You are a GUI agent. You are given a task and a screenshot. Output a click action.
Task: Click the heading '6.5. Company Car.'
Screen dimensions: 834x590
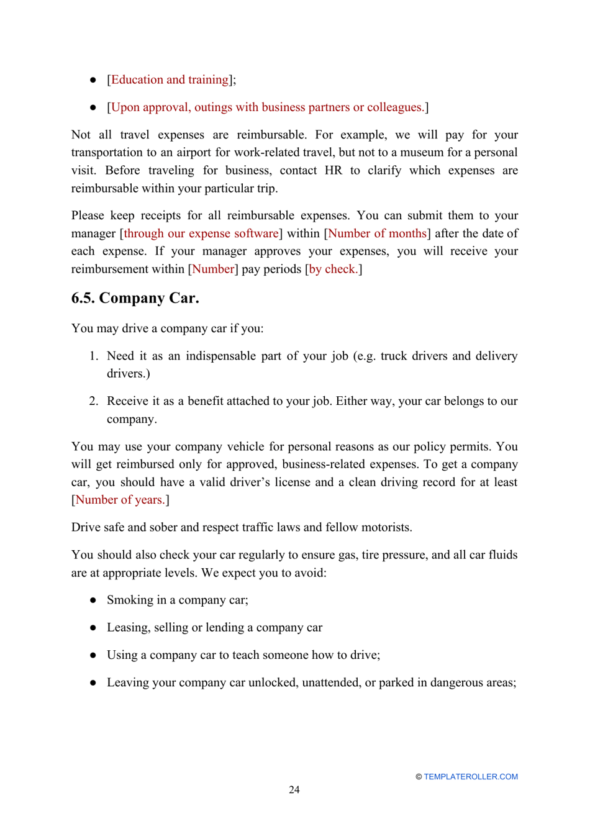[x=135, y=298]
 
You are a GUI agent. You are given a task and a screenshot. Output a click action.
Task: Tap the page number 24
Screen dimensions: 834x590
[x=294, y=789]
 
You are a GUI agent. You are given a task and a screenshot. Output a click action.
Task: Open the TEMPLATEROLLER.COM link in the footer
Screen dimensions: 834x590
[x=470, y=776]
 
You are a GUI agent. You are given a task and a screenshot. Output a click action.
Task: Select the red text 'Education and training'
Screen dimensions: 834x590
[x=170, y=79]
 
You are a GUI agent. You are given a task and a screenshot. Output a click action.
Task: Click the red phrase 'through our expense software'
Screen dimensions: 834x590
[x=201, y=233]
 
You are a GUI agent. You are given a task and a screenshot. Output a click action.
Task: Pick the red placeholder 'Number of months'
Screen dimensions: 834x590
[x=377, y=233]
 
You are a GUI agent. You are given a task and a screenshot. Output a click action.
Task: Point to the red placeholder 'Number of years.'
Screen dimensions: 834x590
[x=120, y=500]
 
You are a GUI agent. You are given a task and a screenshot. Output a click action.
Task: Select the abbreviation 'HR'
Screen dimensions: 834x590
[x=333, y=170]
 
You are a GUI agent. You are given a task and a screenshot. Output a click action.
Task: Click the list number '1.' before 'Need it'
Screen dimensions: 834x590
[x=93, y=356]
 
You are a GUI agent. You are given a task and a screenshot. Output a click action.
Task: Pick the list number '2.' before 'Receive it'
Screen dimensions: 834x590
[x=93, y=401]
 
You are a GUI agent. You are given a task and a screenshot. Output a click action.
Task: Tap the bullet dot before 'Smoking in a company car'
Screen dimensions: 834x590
[x=93, y=600]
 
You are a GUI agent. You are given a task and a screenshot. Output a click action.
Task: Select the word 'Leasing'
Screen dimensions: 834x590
[x=127, y=628]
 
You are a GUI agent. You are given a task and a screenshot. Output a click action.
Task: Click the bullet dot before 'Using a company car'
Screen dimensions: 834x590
[x=93, y=655]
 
